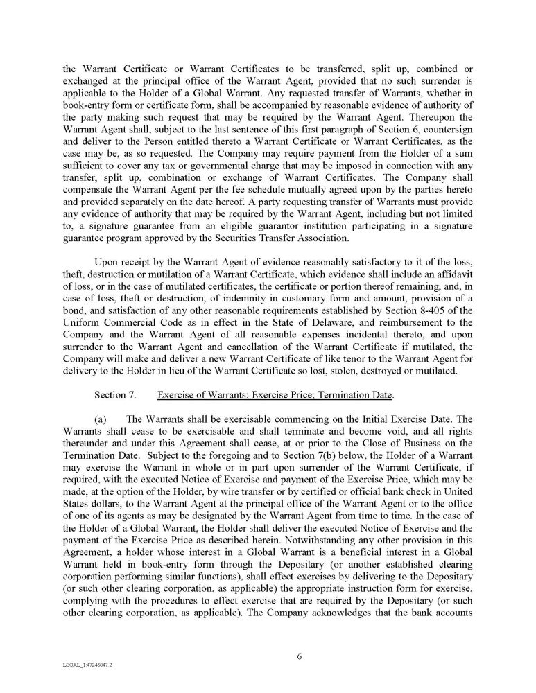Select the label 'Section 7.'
(x=114, y=396)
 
